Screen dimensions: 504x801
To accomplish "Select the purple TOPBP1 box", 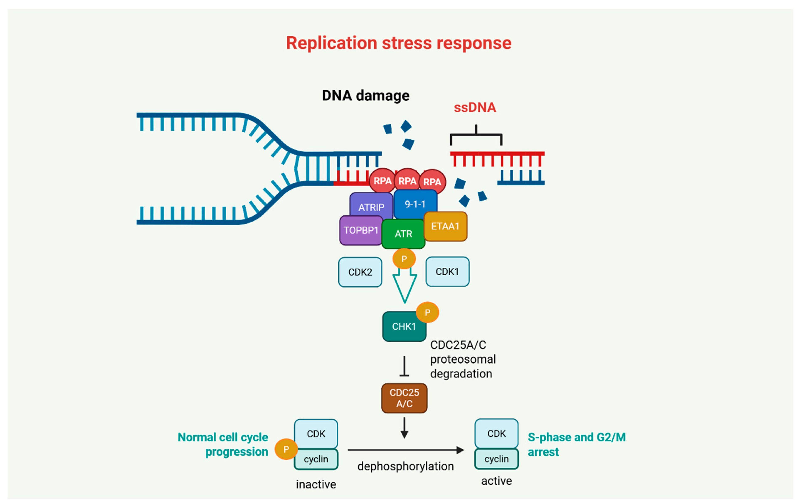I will (361, 230).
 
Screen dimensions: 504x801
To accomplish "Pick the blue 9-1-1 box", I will (415, 204).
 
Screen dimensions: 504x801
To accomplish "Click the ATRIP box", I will (371, 206).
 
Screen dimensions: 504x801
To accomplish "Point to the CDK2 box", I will (360, 272).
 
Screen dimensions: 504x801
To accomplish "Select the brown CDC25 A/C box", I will (404, 398).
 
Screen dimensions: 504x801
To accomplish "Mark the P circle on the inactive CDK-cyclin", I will (286, 449).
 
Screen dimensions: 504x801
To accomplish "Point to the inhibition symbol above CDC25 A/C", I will (404, 366).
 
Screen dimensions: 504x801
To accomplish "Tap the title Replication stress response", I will (398, 43).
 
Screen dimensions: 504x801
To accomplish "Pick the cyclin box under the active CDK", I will (496, 459).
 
